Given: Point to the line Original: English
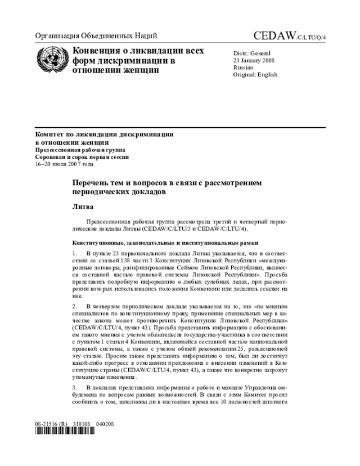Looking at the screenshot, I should tap(255, 75).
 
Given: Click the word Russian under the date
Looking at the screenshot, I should tap(244, 68).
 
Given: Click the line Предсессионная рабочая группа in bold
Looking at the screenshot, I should tap(81, 150).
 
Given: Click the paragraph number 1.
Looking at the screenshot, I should tap(74, 254).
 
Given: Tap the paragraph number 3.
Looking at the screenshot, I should tap(74, 388).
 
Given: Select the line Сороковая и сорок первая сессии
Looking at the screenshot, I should tap(82, 157).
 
